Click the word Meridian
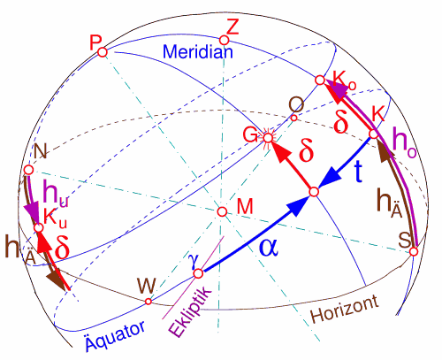click(x=198, y=51)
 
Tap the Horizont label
click(x=345, y=309)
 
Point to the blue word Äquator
click(x=115, y=335)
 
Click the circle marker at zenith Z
click(x=224, y=40)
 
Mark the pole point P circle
click(x=103, y=52)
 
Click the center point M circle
click(x=222, y=211)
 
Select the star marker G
click(x=268, y=137)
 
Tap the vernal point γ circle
click(x=198, y=273)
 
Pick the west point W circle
click(x=149, y=302)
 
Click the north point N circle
click(x=28, y=170)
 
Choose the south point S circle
click(x=414, y=251)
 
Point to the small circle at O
click(x=293, y=119)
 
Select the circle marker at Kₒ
click(x=320, y=80)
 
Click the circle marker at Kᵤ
click(x=38, y=228)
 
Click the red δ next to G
click(x=306, y=151)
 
